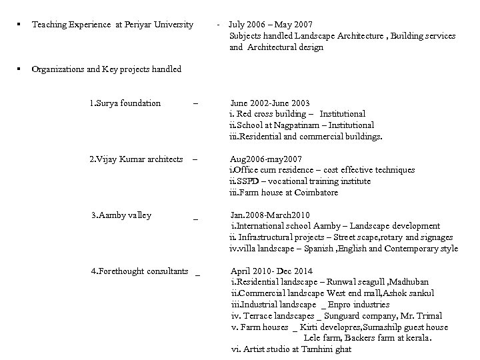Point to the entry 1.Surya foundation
(125, 103)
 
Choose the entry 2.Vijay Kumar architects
(136, 159)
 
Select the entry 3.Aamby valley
(121, 215)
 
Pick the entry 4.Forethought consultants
(139, 271)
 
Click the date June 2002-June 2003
(270, 103)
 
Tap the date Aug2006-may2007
(265, 159)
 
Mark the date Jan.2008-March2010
(270, 215)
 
